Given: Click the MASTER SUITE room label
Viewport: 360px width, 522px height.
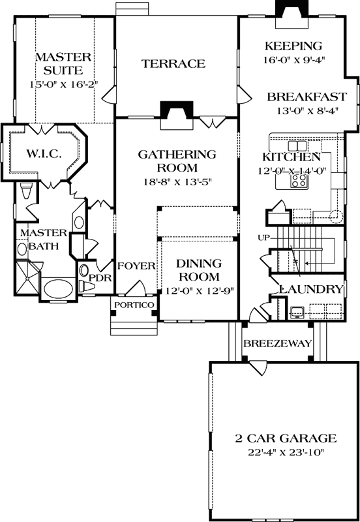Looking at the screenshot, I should point(59,63).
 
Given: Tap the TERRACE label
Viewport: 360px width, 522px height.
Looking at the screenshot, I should point(173,63).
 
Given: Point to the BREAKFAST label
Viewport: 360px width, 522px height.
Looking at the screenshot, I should point(307,97).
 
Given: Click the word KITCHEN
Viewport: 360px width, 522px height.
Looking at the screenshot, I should point(292,157).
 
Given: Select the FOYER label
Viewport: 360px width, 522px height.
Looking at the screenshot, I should point(136,266).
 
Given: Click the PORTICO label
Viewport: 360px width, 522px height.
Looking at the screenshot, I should point(134,305).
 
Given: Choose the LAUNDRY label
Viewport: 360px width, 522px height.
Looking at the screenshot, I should point(311,288).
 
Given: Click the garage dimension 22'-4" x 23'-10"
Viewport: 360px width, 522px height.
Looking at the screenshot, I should point(285,452).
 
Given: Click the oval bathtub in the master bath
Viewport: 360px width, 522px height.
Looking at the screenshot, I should point(59,288).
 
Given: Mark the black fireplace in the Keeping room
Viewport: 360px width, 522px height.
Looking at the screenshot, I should point(288,10).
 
